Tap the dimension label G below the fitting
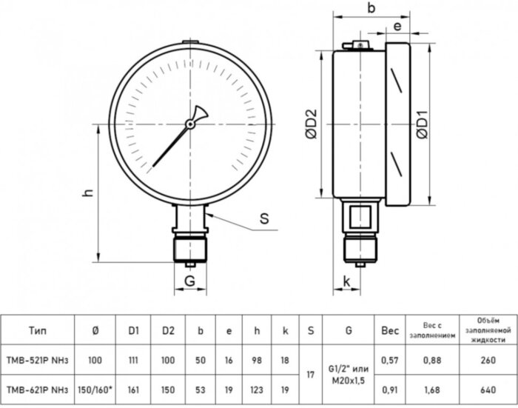(190, 281)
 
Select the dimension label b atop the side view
(371, 9)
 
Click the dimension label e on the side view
(397, 27)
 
